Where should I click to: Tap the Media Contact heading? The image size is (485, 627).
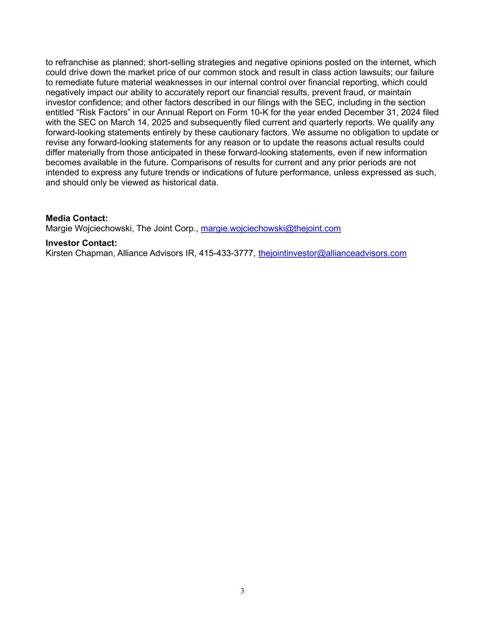coord(77,219)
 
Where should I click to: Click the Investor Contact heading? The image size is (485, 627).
coord(81,243)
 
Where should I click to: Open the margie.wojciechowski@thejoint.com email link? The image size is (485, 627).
coord(271,228)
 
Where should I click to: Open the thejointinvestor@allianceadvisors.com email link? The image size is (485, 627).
coord(332,253)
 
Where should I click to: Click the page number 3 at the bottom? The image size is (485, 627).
coord(242,591)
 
